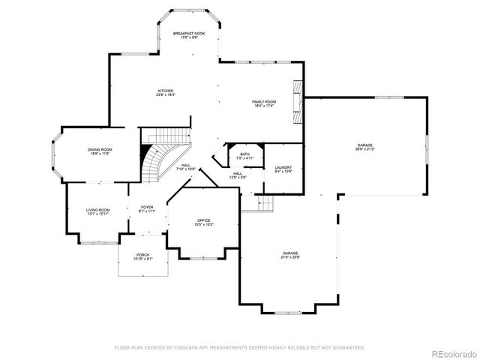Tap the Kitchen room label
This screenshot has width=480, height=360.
pos(165,93)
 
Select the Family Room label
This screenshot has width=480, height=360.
pos(263,103)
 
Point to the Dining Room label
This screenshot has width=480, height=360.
pos(100,151)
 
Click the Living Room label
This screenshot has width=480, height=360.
pos(97,211)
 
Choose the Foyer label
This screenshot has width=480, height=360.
pos(147,209)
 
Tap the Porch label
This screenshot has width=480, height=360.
pos(142,256)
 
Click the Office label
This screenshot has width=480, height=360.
pos(204,222)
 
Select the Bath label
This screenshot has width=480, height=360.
pos(245,155)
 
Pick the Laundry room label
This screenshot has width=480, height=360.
pos(283,169)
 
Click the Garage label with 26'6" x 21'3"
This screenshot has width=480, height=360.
pos(364,147)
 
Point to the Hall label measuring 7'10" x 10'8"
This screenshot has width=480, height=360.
pos(185,168)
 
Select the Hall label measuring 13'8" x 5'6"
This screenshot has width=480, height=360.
pos(237,175)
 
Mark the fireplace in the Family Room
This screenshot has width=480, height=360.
pos(298,101)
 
